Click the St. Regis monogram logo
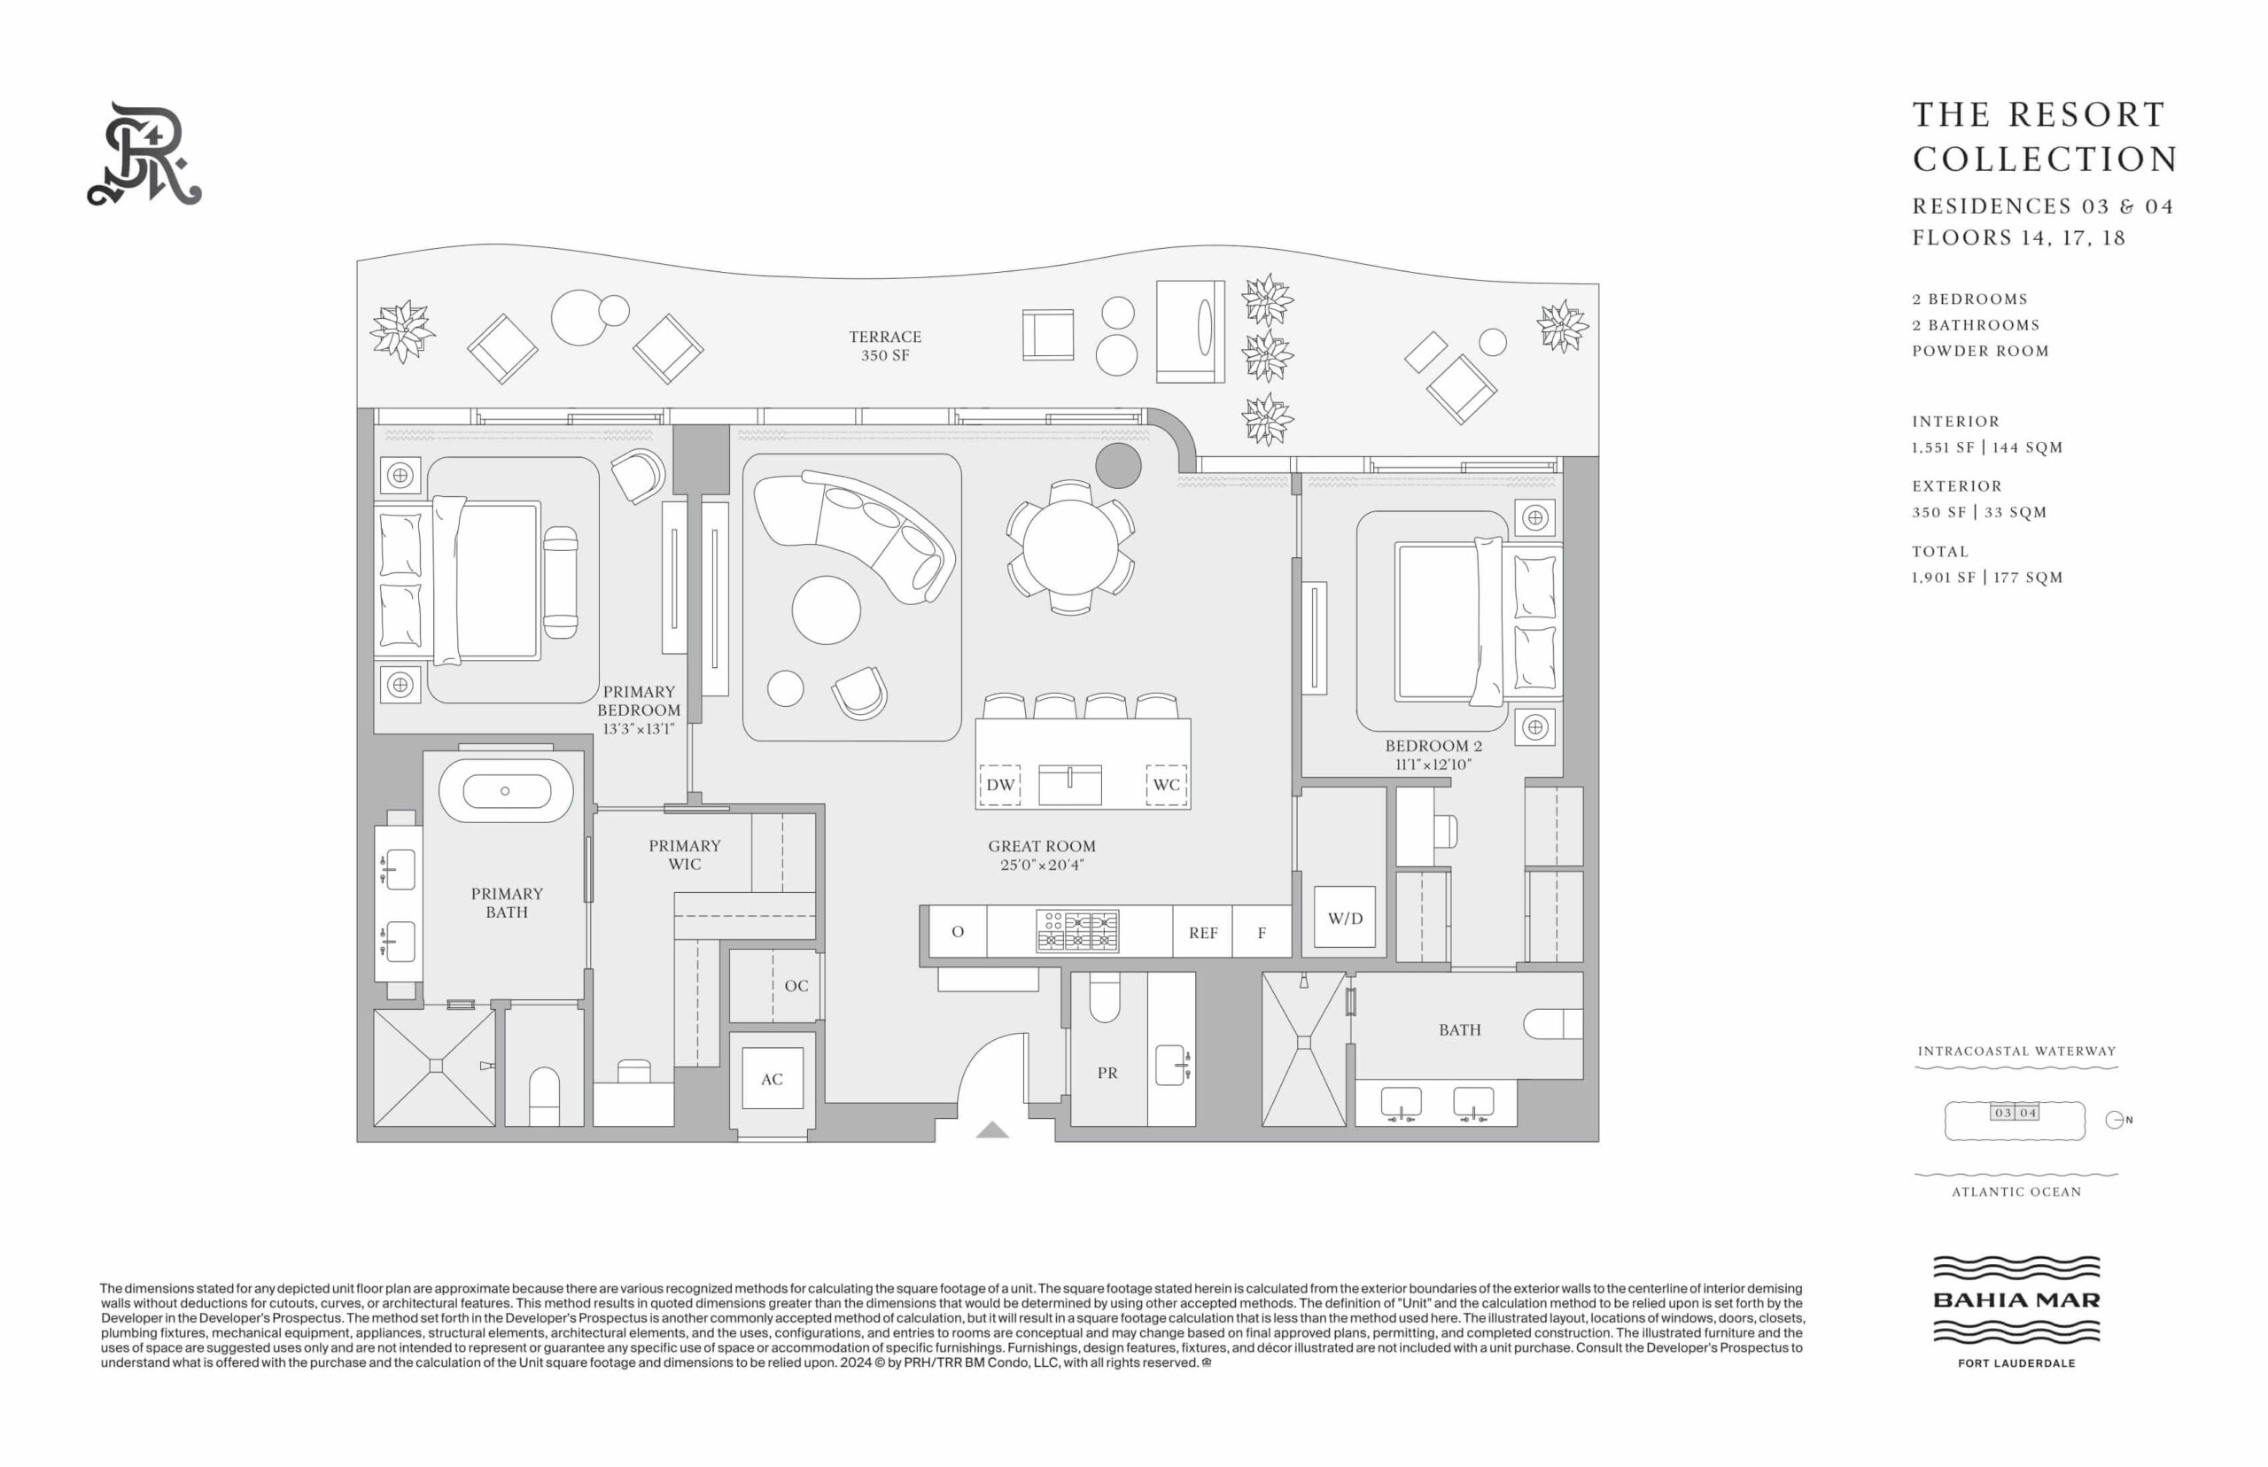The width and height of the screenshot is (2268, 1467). pos(144,154)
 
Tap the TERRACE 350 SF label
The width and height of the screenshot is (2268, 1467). pos(885,345)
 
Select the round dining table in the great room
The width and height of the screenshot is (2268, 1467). pos(1071,547)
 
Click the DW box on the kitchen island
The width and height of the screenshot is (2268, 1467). pos(1000,785)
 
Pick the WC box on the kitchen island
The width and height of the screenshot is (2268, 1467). pos(1166,785)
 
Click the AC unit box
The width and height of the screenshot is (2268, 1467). pos(772,1078)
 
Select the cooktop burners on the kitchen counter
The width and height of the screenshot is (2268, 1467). pos(1077,932)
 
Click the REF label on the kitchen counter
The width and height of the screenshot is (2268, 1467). pos(1203,934)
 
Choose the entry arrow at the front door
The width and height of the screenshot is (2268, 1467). pos(991,1129)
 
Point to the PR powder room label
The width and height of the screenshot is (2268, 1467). pos(1107,1073)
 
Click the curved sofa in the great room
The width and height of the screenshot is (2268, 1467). pos(854,533)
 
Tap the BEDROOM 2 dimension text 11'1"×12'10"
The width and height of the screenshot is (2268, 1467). pos(1433,764)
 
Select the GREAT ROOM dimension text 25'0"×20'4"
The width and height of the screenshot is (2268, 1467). pos(1042,865)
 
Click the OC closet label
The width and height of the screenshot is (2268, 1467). pos(796,986)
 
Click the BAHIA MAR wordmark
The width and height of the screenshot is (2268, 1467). pos(2016,1300)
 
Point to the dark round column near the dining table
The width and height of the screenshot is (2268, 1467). pos(1118,466)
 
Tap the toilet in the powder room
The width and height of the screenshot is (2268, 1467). pos(1105,997)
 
